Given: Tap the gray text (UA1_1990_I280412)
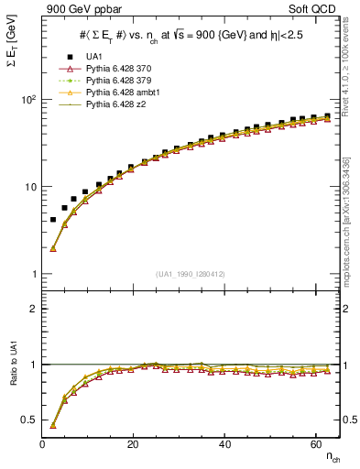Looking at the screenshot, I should coord(191,274).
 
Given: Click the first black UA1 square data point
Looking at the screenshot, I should coord(53,220).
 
